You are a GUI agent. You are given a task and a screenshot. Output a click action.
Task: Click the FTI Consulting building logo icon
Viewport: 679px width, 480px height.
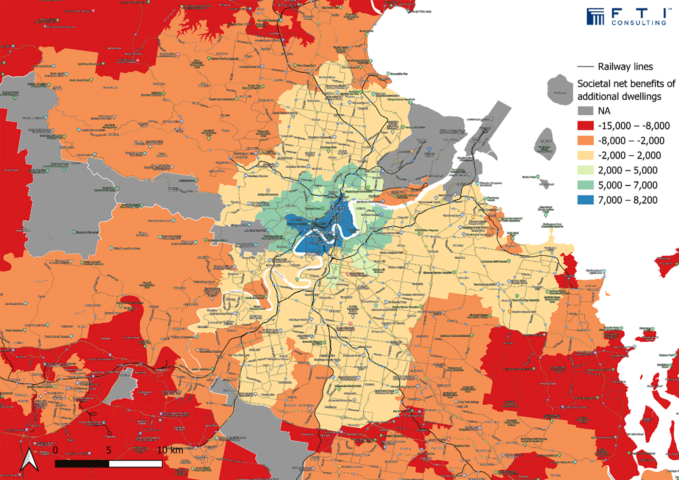(595, 17)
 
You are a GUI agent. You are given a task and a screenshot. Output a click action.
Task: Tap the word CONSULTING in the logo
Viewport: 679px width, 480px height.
(639, 23)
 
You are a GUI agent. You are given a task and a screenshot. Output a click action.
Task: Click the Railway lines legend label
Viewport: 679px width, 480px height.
(625, 67)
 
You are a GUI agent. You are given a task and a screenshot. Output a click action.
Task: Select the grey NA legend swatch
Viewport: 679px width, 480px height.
(585, 111)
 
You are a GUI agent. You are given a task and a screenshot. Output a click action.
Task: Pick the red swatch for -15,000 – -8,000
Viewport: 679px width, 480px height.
(585, 126)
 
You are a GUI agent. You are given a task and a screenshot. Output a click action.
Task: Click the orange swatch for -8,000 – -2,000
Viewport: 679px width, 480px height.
(585, 141)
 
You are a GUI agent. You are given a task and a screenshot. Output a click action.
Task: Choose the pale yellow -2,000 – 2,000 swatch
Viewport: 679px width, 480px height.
(585, 155)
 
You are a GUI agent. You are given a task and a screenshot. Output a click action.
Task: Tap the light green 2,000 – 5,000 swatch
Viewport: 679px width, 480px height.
(585, 170)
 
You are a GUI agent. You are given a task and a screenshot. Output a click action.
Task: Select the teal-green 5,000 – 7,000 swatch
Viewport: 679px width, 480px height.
(585, 185)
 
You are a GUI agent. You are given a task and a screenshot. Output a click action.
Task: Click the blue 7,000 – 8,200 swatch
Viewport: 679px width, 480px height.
(585, 200)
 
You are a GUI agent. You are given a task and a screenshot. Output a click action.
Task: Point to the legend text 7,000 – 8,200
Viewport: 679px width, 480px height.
(628, 200)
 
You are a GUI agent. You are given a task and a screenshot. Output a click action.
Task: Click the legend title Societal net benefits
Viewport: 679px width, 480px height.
(626, 84)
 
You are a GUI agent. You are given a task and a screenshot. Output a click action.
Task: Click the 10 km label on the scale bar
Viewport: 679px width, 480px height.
(170, 450)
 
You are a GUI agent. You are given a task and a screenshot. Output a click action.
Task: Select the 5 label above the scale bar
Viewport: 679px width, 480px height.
(109, 450)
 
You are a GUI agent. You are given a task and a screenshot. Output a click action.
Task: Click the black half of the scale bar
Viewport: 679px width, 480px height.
(82, 464)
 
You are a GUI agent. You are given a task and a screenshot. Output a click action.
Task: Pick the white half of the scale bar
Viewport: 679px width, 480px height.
(135, 464)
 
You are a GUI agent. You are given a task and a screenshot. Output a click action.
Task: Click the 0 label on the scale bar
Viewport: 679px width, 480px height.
(55, 450)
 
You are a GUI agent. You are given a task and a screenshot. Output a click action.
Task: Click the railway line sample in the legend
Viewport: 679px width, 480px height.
(585, 67)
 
